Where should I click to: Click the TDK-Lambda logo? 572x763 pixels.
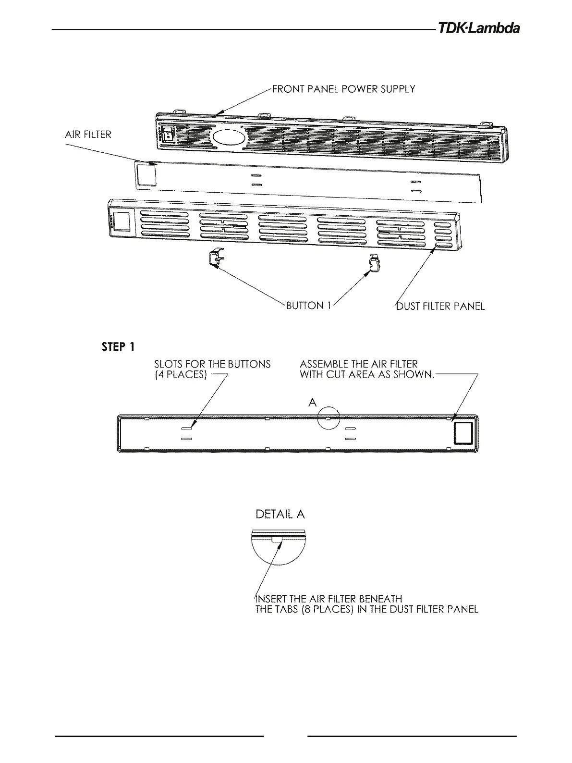(x=478, y=29)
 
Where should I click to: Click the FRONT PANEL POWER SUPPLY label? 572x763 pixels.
(x=343, y=89)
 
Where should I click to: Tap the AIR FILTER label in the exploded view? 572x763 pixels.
(x=88, y=135)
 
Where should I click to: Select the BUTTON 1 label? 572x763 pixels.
(x=308, y=306)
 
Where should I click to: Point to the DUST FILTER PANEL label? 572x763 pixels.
(x=440, y=306)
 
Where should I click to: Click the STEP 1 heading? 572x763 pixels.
(x=118, y=346)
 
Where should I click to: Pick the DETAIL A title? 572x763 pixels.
(x=280, y=514)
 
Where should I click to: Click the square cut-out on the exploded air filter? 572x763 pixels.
(x=146, y=173)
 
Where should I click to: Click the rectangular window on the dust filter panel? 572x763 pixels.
(x=122, y=222)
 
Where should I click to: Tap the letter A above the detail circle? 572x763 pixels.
(x=312, y=403)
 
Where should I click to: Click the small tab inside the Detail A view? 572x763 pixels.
(x=277, y=539)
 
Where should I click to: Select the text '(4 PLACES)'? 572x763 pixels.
(x=181, y=375)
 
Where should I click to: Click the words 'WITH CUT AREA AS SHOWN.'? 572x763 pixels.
(x=367, y=375)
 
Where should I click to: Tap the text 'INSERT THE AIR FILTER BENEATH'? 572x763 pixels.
(x=329, y=599)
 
